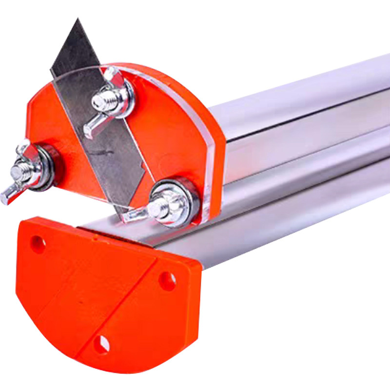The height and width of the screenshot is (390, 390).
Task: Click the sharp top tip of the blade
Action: point(77,20)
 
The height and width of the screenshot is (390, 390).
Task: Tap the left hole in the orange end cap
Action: point(38,243)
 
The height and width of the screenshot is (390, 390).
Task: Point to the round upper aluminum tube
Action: point(302,97)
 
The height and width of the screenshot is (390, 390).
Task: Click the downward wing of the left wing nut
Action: point(10,193)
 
